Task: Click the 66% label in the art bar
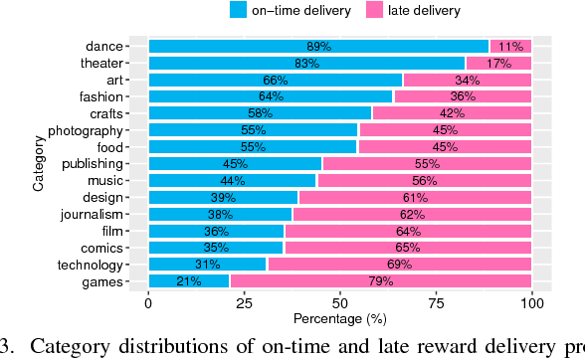275,80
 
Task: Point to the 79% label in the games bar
381,281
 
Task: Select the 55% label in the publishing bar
426,163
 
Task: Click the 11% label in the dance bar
510,46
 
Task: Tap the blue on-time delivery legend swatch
238,10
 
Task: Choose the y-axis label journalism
92,214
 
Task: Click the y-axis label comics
102,248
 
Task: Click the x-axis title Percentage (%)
339,318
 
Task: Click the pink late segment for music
424,180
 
